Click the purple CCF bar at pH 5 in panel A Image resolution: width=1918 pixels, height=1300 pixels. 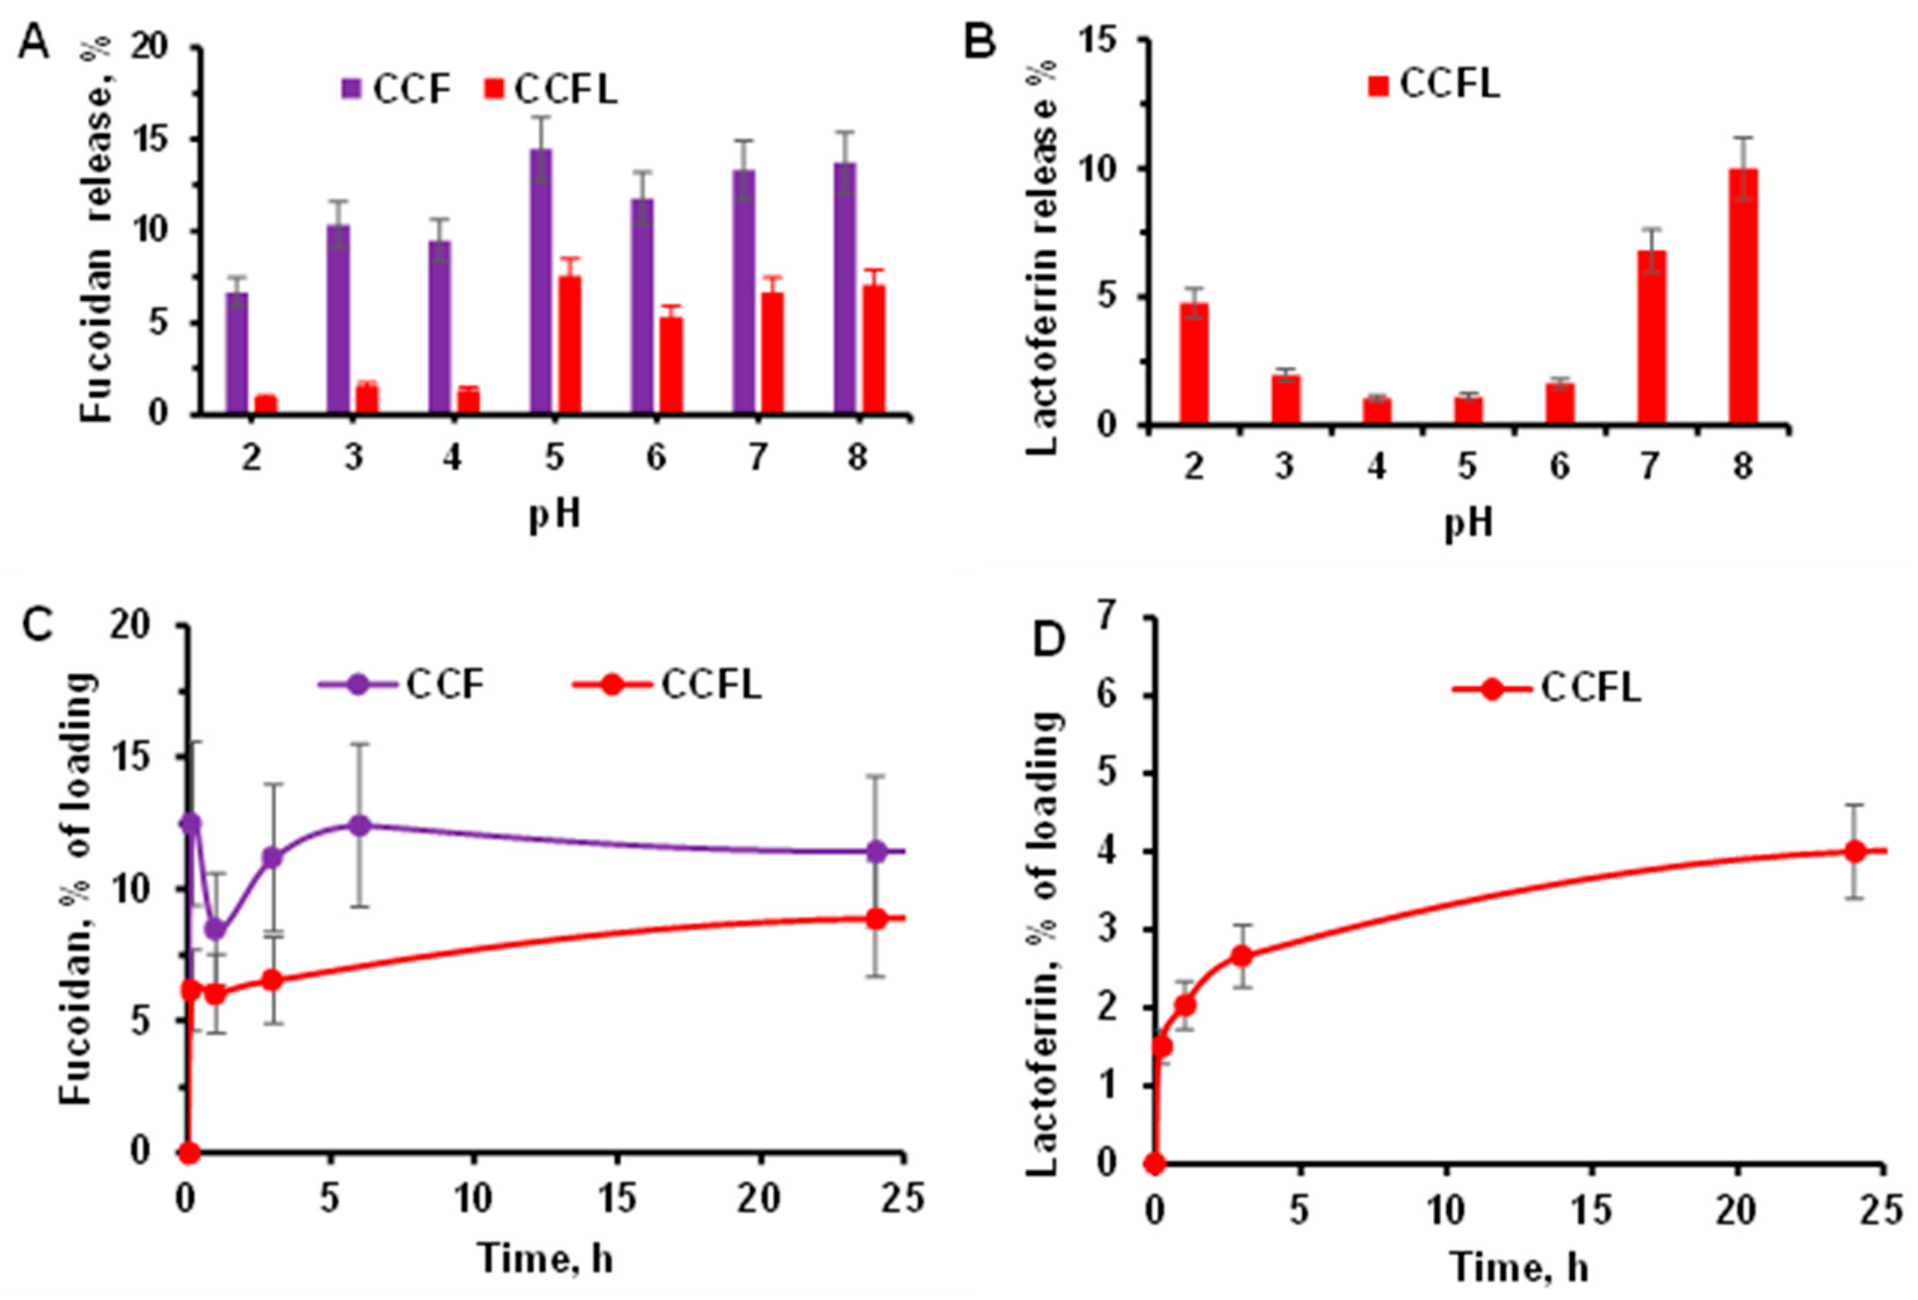coord(541,281)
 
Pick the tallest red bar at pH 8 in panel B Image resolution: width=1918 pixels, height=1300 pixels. coord(1742,297)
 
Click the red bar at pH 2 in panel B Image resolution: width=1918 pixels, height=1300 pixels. coord(1193,364)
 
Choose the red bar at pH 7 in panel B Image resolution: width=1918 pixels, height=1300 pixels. coord(1652,338)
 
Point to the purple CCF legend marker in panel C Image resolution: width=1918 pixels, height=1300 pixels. coord(358,685)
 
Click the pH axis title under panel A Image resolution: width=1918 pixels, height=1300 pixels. coord(555,516)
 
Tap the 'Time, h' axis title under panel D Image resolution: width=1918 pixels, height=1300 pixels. coord(1519,1269)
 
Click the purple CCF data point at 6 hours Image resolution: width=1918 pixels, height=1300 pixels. coord(360,825)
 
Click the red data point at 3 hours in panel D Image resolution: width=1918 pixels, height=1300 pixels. coord(1242,956)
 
